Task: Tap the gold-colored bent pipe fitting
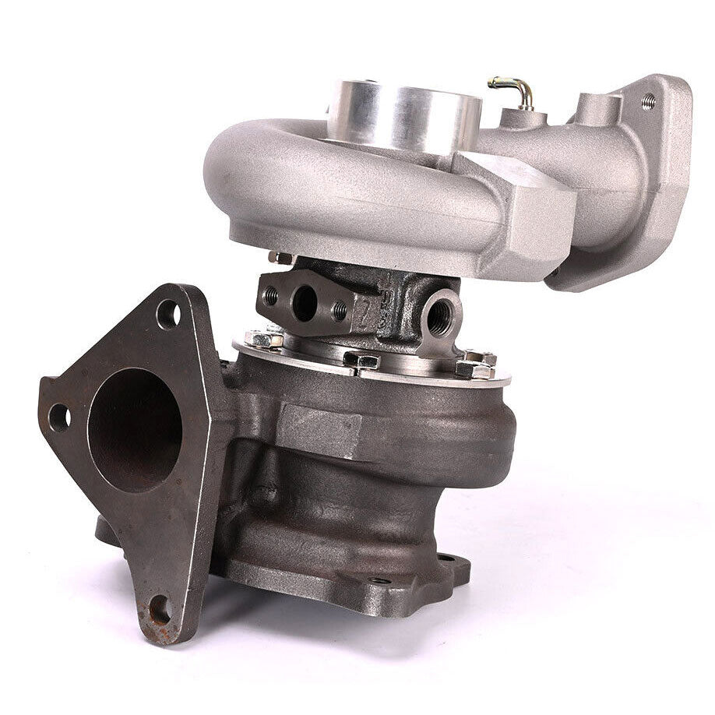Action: point(513,91)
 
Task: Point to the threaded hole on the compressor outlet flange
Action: point(648,100)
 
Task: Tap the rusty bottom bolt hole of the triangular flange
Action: point(160,610)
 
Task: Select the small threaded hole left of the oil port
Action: point(271,296)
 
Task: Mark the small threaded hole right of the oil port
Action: point(340,312)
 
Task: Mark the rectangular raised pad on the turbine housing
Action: point(319,429)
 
